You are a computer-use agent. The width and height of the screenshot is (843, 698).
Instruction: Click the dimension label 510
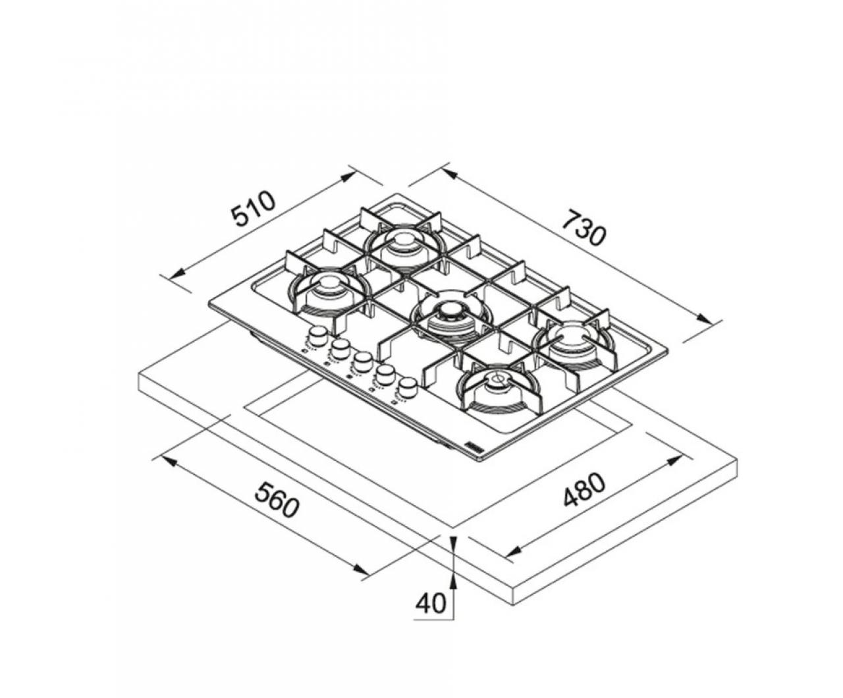[253, 209]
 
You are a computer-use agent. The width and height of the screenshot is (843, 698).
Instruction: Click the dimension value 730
[582, 226]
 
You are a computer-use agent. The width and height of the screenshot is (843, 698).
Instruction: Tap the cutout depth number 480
[584, 491]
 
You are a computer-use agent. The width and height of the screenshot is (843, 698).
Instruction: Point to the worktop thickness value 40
[431, 604]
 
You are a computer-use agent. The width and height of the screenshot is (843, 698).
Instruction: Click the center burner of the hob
[450, 313]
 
